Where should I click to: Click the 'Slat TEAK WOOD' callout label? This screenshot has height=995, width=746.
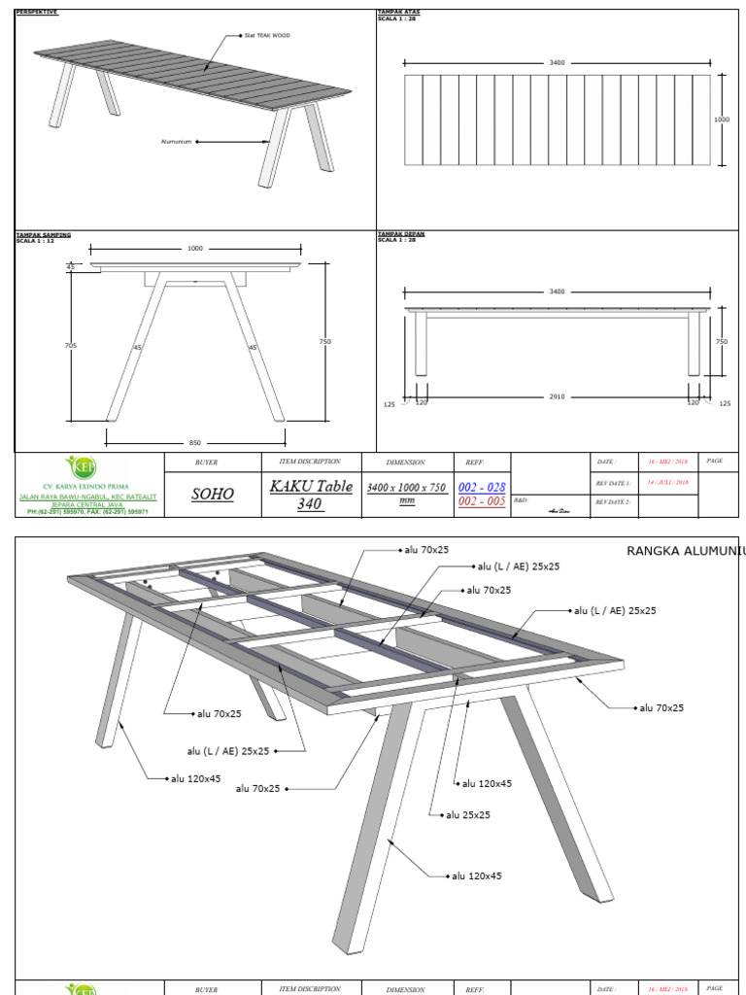tap(267, 35)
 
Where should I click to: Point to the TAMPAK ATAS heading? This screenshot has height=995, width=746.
tap(399, 13)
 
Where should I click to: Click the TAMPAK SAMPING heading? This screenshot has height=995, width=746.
tap(44, 234)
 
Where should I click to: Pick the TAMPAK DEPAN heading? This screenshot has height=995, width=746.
tap(400, 234)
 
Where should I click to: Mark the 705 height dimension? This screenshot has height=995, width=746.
tap(70, 345)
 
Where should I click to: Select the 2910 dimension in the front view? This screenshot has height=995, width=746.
tap(557, 396)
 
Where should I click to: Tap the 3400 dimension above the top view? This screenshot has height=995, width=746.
tap(557, 62)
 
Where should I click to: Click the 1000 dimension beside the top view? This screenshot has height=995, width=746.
tap(722, 120)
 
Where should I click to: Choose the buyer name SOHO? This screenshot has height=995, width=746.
tap(213, 494)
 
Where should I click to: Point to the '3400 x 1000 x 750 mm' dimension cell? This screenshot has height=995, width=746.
tap(406, 494)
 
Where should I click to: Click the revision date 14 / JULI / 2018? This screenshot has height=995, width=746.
tap(667, 482)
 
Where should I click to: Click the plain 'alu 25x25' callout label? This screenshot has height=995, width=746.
tap(468, 814)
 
